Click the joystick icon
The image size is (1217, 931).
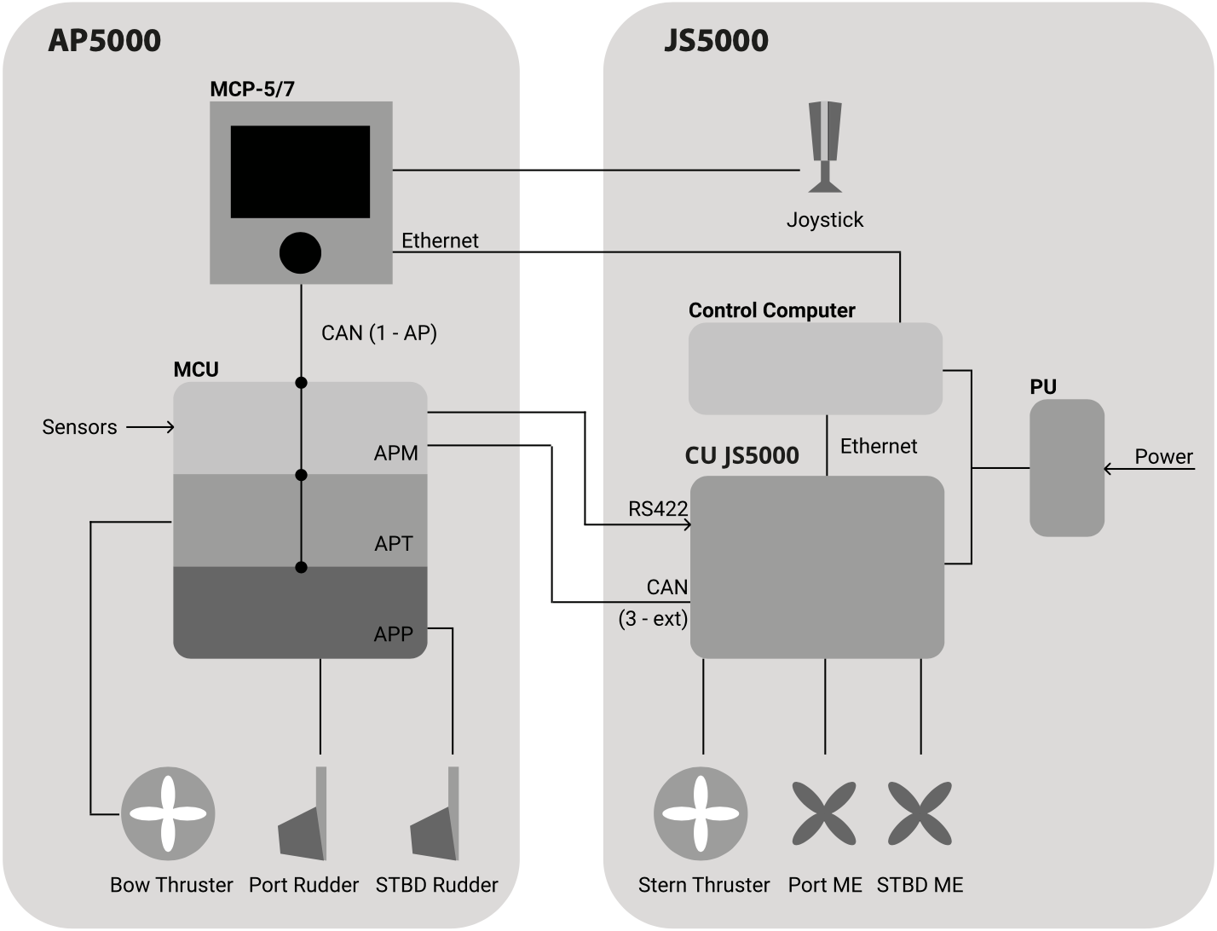pyautogui.click(x=825, y=147)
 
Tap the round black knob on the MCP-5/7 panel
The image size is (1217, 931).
pyautogui.click(x=300, y=252)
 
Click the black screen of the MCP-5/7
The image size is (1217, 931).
pyautogui.click(x=300, y=171)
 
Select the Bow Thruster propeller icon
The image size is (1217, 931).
pyautogui.click(x=168, y=813)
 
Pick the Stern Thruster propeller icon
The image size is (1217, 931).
pyautogui.click(x=701, y=813)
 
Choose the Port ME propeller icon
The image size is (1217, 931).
pyautogui.click(x=824, y=813)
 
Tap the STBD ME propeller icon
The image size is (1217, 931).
pyautogui.click(x=920, y=813)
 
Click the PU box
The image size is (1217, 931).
pyautogui.click(x=1066, y=467)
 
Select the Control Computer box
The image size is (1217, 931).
pyautogui.click(x=815, y=368)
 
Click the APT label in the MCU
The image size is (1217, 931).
pyautogui.click(x=394, y=543)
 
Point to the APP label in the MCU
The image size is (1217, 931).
pyautogui.click(x=394, y=633)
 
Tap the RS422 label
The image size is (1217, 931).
pyautogui.click(x=657, y=509)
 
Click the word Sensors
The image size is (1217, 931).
pyautogui.click(x=79, y=427)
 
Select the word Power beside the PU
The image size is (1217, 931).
pyautogui.click(x=1163, y=456)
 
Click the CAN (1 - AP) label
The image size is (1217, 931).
pyautogui.click(x=379, y=332)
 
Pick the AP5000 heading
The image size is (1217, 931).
pyautogui.click(x=104, y=40)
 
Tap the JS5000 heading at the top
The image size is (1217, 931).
pyautogui.click(x=716, y=40)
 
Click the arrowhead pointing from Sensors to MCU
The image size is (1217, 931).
pyautogui.click(x=169, y=427)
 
